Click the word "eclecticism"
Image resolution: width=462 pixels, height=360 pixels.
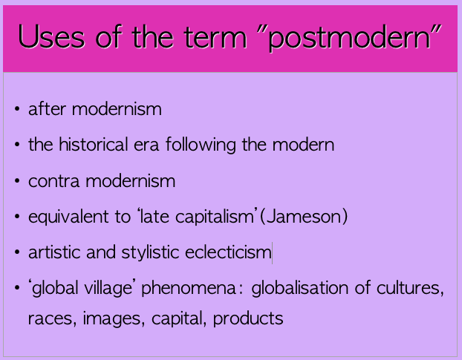pos(227,252)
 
